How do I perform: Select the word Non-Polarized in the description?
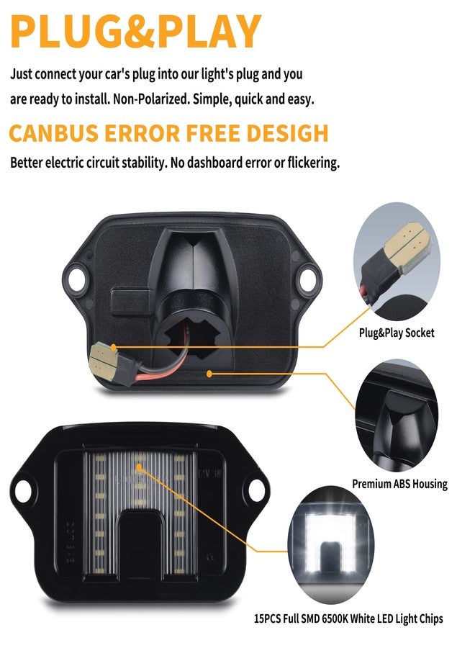point(150,99)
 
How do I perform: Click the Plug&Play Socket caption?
point(396,333)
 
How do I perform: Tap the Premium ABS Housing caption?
point(400,484)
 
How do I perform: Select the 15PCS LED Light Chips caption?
point(348,618)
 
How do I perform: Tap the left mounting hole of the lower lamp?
point(23,491)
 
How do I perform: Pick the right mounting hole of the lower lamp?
point(257,490)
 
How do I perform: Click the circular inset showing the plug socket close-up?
point(397,261)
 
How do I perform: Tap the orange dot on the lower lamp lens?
point(139,467)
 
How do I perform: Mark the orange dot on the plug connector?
point(113,348)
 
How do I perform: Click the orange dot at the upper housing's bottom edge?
point(209,374)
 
